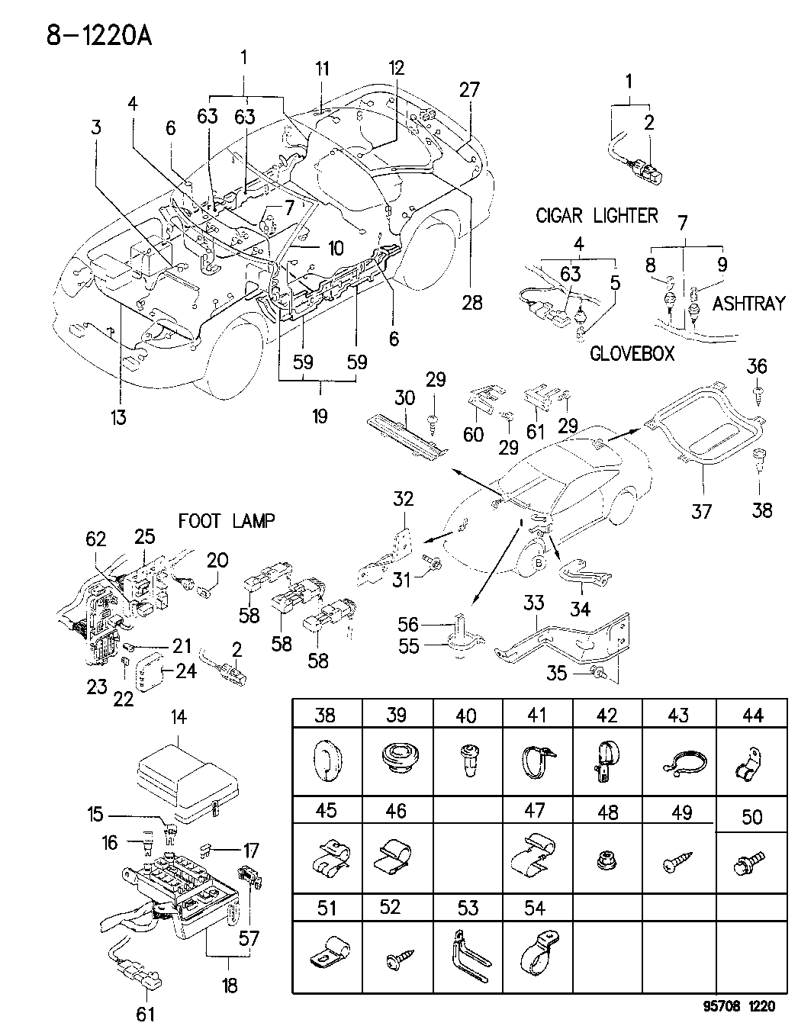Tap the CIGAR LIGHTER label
click(597, 216)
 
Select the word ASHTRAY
click(748, 304)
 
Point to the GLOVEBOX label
click(632, 355)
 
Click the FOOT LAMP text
click(227, 521)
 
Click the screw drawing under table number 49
click(679, 863)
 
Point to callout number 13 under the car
click(117, 417)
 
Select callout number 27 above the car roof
click(469, 89)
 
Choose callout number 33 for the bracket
click(533, 603)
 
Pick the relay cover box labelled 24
click(152, 671)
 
